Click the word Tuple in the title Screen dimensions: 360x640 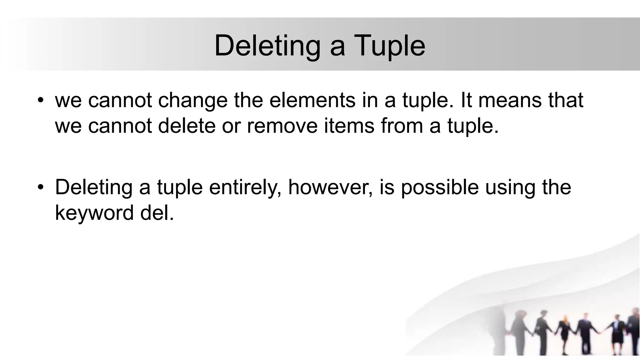coord(389,46)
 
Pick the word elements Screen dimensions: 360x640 coord(312,101)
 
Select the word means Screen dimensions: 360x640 coord(510,101)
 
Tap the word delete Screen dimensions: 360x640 coord(187,126)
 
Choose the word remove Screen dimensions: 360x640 coord(282,126)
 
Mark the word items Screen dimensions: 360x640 coord(349,126)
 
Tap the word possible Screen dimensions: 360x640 coord(440,187)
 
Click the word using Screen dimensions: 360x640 coord(510,187)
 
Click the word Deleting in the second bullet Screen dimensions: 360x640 coord(94,187)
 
